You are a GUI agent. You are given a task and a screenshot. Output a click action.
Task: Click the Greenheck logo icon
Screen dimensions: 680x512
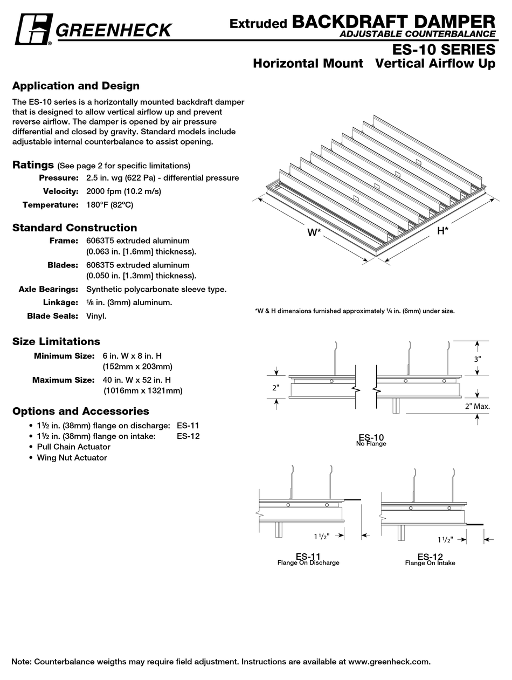33,29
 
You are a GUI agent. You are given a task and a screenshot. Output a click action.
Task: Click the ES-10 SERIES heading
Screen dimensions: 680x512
443,50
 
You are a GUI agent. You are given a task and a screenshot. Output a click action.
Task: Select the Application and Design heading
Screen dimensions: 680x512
75,86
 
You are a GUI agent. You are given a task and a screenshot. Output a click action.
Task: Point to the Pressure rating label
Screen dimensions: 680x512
59,178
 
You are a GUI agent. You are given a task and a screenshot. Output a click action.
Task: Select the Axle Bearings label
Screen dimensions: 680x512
48,290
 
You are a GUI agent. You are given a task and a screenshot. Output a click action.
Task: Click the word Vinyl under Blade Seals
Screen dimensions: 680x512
96,316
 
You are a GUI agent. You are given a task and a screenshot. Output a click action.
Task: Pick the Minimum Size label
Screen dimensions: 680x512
64,356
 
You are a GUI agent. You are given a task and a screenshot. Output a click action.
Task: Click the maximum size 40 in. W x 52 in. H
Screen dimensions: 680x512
137,380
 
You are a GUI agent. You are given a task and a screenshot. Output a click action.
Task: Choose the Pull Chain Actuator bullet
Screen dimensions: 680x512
73,447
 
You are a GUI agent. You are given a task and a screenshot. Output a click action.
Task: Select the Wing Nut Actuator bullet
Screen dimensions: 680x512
72,458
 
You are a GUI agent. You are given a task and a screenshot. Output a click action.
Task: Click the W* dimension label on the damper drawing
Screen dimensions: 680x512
314,232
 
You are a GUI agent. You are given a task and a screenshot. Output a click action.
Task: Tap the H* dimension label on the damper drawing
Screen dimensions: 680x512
442,230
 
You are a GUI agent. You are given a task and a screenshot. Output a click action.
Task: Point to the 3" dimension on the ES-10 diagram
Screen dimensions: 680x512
477,358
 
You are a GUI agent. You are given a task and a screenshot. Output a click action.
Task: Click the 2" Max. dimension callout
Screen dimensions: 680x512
477,407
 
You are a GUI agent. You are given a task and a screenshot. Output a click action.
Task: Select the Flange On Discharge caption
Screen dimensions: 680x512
308,563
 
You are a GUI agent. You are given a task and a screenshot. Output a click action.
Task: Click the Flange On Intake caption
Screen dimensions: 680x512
430,563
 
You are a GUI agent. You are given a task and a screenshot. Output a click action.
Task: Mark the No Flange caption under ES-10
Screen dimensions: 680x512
371,444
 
